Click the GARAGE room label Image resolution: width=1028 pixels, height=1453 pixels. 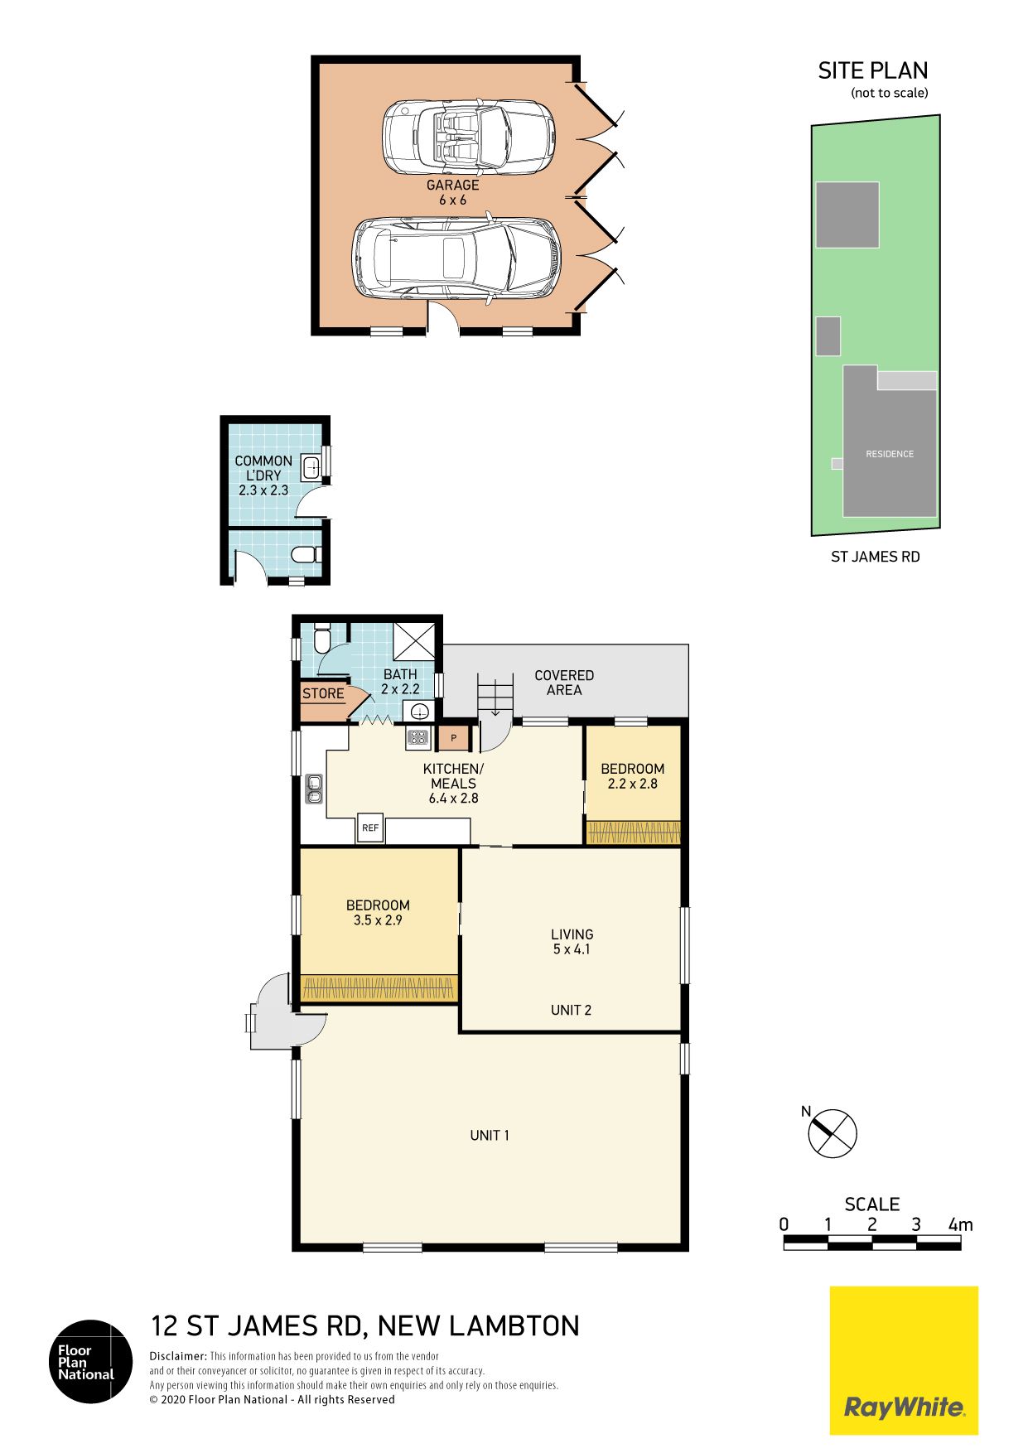(452, 185)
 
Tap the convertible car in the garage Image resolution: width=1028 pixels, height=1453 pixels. (468, 138)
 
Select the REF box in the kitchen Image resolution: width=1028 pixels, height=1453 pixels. (370, 828)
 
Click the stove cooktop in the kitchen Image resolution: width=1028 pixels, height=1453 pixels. (417, 737)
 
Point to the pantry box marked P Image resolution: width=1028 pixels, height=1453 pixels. (454, 737)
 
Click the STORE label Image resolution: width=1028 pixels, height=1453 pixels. (323, 693)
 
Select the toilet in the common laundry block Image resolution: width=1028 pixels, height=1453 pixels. (307, 554)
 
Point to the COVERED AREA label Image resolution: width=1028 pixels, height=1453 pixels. (564, 683)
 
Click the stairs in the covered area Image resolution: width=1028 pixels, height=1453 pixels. (495, 696)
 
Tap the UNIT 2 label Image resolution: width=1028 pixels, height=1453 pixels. (571, 1010)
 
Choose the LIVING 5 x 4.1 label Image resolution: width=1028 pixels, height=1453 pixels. (572, 942)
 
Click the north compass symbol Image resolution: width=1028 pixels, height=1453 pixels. (832, 1132)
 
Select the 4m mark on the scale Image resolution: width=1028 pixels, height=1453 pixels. (961, 1224)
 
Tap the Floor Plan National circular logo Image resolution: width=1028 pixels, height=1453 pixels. (91, 1361)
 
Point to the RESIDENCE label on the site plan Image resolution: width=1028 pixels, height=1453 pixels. (890, 454)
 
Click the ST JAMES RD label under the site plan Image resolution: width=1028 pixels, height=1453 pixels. (876, 557)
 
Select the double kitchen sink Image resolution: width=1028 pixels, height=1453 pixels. (314, 789)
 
